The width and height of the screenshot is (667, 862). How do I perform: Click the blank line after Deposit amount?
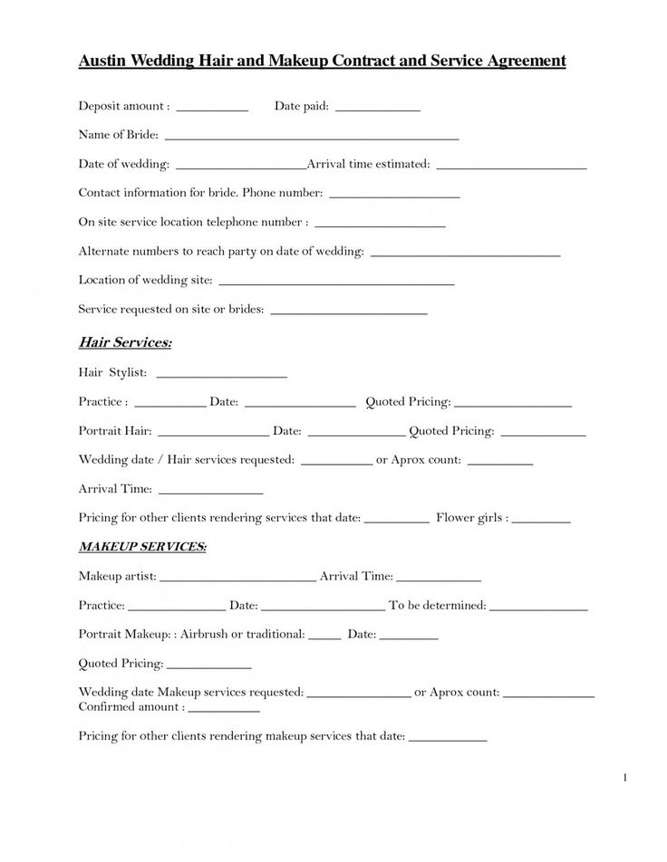coord(212,109)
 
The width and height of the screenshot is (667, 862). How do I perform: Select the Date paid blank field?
coord(377,109)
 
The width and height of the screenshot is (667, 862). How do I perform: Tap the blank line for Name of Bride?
coord(312,138)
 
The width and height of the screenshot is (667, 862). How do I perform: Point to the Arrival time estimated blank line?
coord(511,168)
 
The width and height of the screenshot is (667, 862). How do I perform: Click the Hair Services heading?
coord(125,343)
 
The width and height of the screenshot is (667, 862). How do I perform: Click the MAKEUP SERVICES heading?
coord(142,548)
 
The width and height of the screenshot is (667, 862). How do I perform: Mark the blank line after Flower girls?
coord(541,522)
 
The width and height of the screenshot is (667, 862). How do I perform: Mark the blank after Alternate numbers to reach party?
coord(466,254)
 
